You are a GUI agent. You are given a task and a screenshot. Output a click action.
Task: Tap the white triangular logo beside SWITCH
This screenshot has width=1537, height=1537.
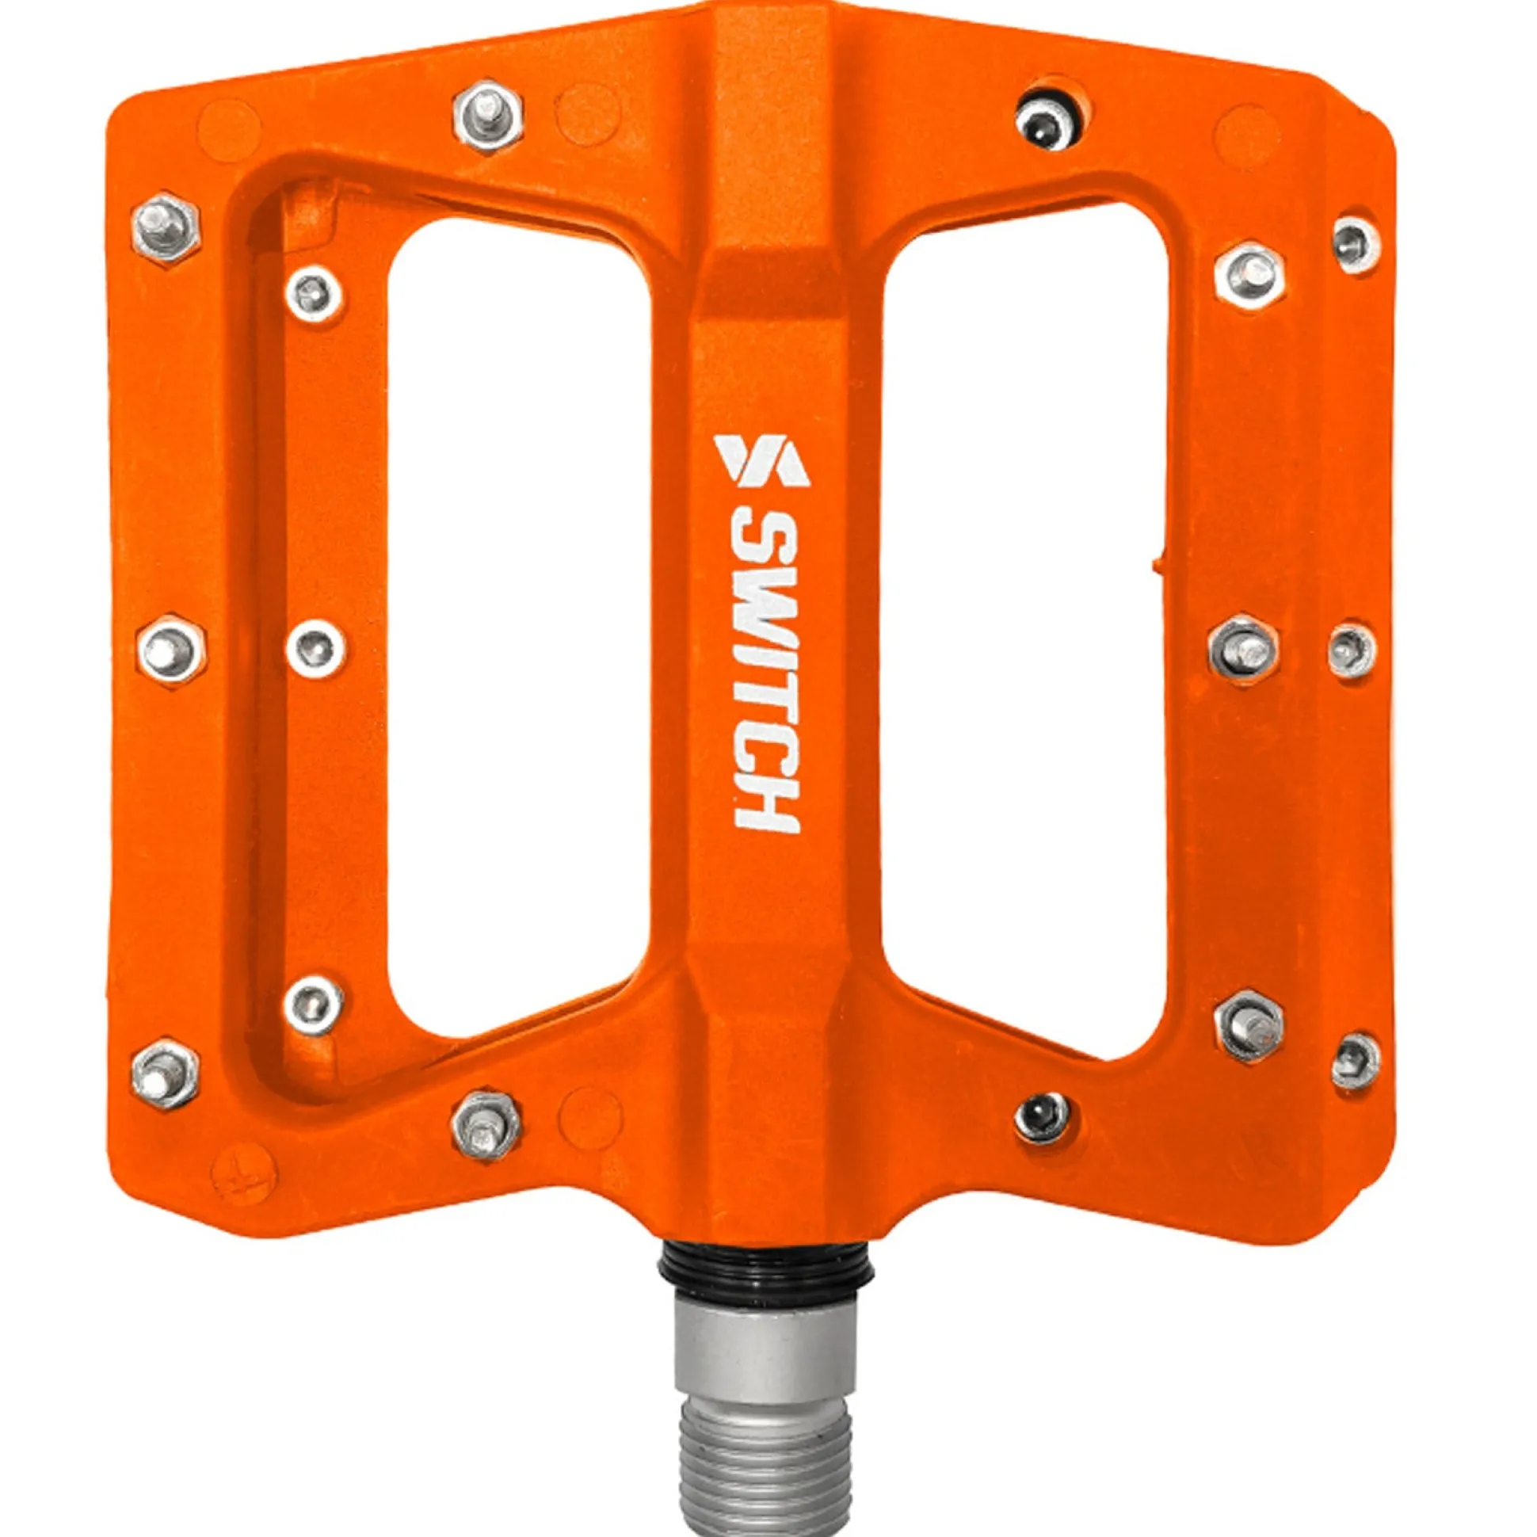tap(761, 459)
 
